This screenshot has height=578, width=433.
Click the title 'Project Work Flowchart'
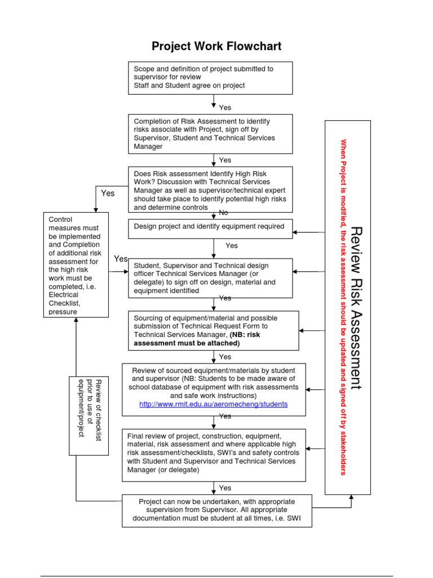[x=216, y=46]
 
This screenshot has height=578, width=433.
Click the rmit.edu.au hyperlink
[x=213, y=404]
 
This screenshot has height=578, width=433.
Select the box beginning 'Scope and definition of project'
[x=210, y=77]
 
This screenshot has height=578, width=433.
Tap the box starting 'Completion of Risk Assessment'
[x=210, y=134]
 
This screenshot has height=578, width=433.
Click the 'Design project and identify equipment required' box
[x=210, y=227]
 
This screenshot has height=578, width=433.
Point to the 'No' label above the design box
[x=224, y=212]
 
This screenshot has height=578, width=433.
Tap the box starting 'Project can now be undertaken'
[x=216, y=510]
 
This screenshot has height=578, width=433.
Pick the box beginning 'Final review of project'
[x=215, y=453]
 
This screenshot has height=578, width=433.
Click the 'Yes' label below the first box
[x=225, y=107]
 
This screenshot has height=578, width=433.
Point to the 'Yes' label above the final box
[x=225, y=488]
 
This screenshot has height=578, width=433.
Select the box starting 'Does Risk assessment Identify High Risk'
[x=210, y=190]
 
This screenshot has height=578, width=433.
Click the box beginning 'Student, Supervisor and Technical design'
[x=210, y=278]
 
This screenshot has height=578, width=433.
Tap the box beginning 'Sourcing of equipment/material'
[x=214, y=330]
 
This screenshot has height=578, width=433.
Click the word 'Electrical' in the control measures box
[x=64, y=294]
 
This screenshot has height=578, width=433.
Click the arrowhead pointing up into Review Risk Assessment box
[x=351, y=498]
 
